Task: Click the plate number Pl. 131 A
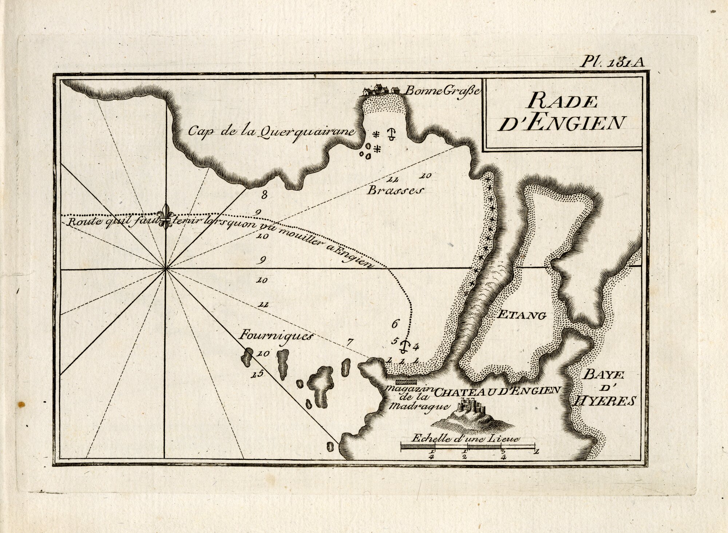click(x=612, y=62)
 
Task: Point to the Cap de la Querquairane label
click(x=271, y=132)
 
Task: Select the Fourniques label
click(x=276, y=335)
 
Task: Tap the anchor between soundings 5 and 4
click(x=404, y=346)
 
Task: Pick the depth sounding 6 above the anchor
click(x=396, y=323)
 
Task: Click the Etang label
click(x=522, y=315)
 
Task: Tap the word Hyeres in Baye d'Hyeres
click(x=604, y=401)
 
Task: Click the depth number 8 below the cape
click(x=264, y=195)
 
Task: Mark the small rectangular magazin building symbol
click(x=406, y=382)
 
